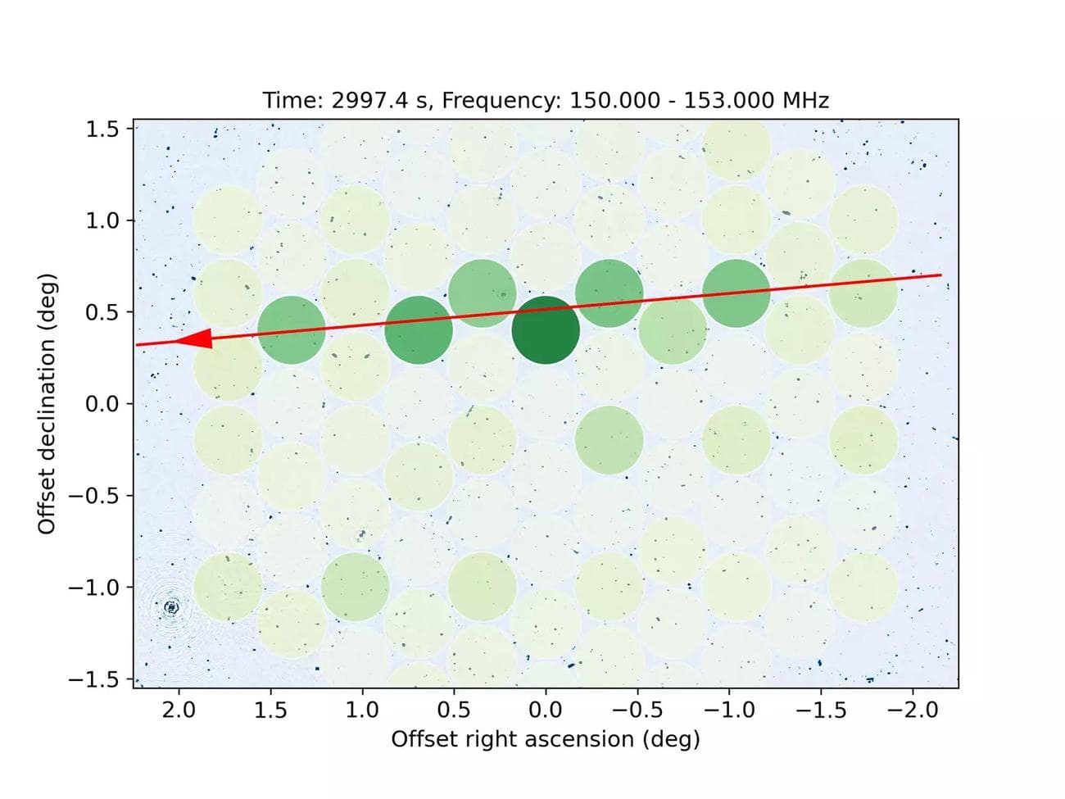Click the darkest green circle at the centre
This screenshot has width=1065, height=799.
(546, 330)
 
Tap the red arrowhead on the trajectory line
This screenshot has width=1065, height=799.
(194, 339)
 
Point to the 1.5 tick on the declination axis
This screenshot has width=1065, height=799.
(102, 129)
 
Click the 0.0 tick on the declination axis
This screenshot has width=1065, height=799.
(102, 404)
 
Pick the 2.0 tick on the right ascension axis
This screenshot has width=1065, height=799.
(179, 710)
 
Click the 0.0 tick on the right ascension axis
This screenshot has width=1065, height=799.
(546, 710)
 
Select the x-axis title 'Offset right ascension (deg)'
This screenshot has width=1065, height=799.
(546, 739)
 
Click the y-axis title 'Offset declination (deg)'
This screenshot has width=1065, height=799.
(47, 404)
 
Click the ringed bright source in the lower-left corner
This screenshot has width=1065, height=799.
(171, 607)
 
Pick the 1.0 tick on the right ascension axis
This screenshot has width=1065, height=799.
(362, 710)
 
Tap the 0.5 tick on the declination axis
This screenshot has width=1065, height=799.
(102, 312)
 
